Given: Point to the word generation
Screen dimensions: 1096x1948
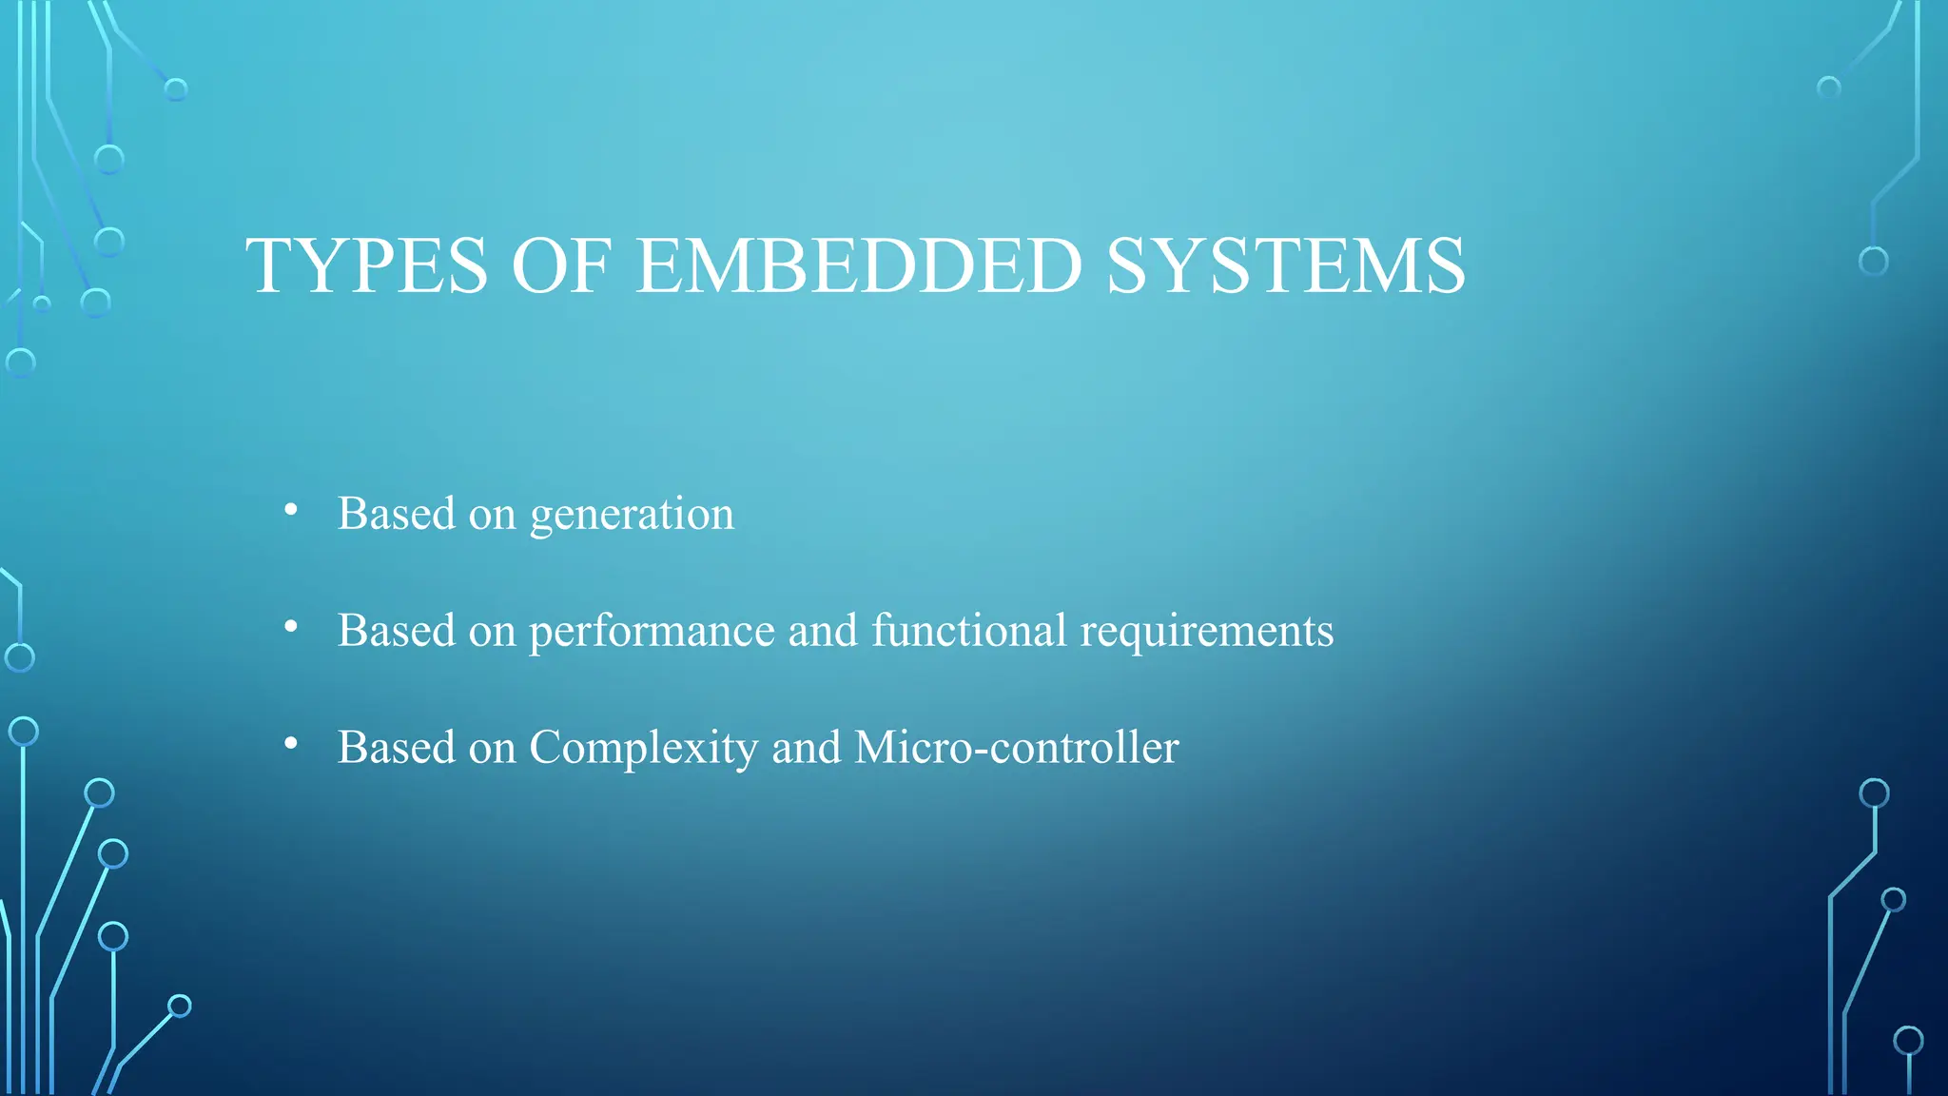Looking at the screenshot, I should pos(632,516).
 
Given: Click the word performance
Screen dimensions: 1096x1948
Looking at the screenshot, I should pos(652,632).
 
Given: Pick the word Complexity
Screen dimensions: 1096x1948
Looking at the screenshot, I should pos(643,749).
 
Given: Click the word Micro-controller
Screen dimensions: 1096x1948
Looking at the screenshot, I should pos(1016,747).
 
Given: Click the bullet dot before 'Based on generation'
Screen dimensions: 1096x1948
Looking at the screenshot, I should pos(291,511).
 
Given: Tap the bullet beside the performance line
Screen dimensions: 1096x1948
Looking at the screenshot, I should pos(291,627).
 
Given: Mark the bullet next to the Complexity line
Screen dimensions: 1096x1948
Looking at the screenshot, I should pos(291,744).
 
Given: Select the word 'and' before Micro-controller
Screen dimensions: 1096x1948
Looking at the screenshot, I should pos(807,747).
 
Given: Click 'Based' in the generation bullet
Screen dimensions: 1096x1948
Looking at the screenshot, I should pos(397,514).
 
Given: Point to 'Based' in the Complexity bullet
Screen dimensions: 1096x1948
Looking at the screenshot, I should pos(397,747).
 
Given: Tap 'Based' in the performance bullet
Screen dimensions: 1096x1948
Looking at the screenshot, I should pos(397,630).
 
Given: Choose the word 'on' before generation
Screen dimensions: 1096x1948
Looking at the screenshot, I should pos(492,516).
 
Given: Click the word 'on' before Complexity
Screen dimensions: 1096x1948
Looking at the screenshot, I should pos(492,749).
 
